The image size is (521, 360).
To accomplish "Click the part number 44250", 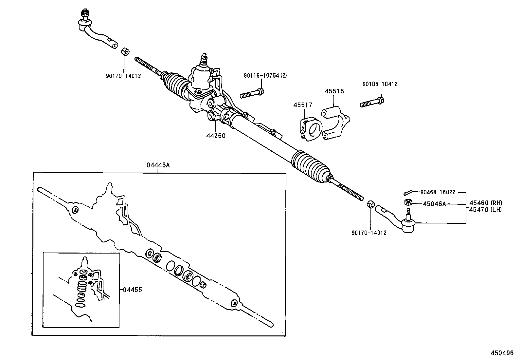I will click(x=216, y=136).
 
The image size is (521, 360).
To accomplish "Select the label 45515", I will click(x=334, y=91).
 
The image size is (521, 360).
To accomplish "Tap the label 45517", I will click(x=303, y=105).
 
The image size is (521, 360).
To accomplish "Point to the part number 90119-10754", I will click(x=261, y=76).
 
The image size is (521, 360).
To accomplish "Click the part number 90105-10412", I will click(x=380, y=84).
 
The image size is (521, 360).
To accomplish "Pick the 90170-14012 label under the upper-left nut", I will click(x=123, y=76).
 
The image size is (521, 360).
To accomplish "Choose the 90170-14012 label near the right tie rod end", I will click(x=369, y=233).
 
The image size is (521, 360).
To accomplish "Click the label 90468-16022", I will click(x=438, y=192).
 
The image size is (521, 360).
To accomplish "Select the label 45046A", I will click(x=434, y=204).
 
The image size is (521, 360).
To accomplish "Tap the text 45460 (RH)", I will click(x=485, y=203).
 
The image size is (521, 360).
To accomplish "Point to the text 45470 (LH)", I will click(x=485, y=210).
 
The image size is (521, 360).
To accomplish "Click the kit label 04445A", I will click(x=158, y=165).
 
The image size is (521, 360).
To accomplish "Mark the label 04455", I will click(x=133, y=290).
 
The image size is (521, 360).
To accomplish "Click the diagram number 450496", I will click(x=502, y=353).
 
